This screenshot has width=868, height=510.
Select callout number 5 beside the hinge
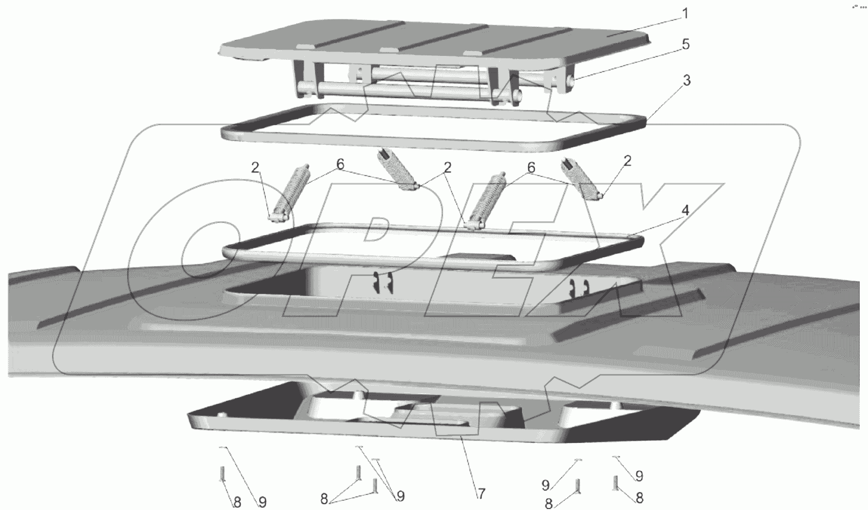[x=685, y=44]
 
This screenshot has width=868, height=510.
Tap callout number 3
[x=687, y=81]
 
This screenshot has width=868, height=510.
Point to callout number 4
[x=685, y=210]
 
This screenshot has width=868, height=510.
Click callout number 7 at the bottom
[x=481, y=494]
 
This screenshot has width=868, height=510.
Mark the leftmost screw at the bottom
[x=222, y=474]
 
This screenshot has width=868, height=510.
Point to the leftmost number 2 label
[x=256, y=168]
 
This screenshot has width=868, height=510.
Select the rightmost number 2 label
[x=627, y=161]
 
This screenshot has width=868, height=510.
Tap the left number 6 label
[x=340, y=165]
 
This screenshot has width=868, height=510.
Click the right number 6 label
[x=531, y=168]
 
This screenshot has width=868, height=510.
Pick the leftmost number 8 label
[x=237, y=501]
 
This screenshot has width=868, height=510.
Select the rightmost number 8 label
[x=639, y=497]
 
